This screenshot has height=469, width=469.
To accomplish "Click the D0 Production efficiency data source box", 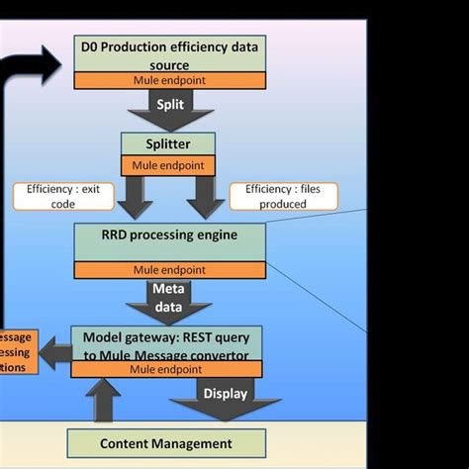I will coord(170,54).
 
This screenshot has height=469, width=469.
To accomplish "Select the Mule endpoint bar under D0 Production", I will coord(170,80).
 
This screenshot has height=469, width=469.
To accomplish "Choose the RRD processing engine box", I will coord(170,238).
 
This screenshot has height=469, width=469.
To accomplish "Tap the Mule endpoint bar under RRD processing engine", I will coord(170,267).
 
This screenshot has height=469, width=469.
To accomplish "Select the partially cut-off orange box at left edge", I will coord(19,351).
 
